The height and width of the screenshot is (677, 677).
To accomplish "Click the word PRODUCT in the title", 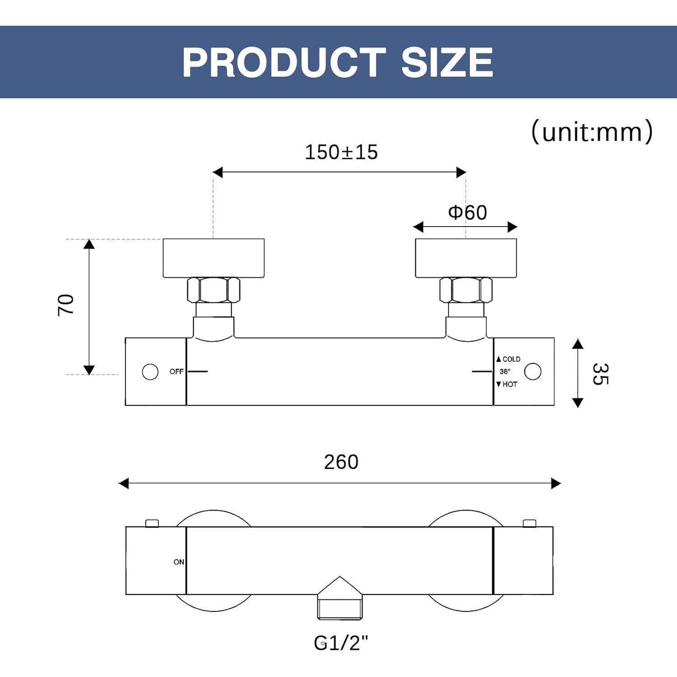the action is click(284, 62).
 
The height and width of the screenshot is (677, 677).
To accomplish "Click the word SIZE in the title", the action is click(447, 62).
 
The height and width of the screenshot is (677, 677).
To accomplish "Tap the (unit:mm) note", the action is click(592, 132).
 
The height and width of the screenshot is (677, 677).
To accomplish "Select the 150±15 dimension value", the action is click(341, 152).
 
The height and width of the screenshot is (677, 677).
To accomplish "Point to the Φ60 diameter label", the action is click(468, 212).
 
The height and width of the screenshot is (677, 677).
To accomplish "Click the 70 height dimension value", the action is click(66, 305).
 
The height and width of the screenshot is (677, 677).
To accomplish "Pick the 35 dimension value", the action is click(600, 374).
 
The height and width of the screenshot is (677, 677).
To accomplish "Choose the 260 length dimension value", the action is click(341, 462).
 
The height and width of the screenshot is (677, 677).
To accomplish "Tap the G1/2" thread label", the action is click(341, 643).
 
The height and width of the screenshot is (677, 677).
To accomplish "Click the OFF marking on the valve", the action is click(176, 371).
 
